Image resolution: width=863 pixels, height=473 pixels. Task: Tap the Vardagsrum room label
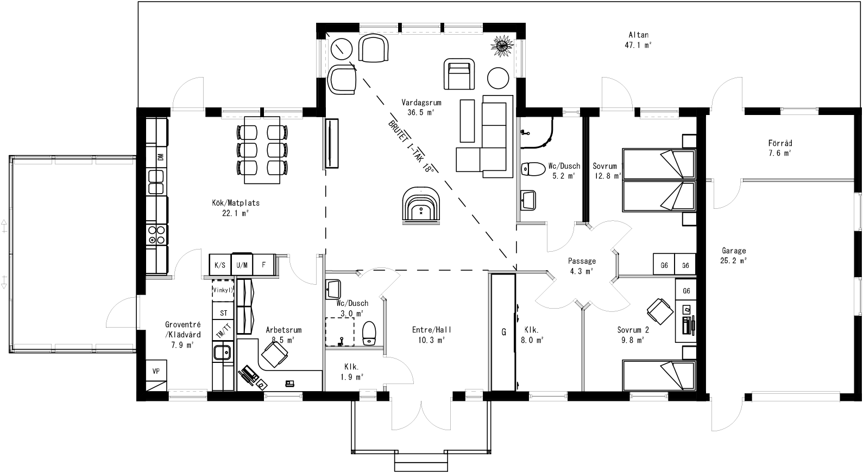421,107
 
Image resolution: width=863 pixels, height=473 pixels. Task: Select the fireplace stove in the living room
421,206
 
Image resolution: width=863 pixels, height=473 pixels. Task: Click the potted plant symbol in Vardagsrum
501,46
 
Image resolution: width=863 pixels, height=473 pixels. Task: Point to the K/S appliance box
220,265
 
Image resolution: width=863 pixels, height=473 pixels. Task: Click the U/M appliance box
242,265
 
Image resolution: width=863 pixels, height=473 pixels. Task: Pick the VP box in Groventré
156,372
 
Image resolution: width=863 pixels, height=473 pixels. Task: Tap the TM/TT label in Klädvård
223,331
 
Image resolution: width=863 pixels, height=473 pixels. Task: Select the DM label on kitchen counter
160,157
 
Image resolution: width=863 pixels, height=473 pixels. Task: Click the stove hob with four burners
157,235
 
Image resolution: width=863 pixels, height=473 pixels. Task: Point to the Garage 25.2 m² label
734,255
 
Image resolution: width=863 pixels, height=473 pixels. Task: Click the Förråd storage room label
780,148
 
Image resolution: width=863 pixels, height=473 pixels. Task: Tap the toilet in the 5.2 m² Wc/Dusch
533,169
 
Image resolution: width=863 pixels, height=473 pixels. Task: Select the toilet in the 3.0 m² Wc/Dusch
369,332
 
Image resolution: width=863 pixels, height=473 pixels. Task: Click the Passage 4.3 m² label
582,266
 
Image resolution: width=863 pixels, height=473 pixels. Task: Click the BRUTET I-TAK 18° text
412,146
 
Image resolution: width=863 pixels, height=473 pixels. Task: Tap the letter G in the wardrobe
503,332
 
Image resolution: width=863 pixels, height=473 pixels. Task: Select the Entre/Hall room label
431,334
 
